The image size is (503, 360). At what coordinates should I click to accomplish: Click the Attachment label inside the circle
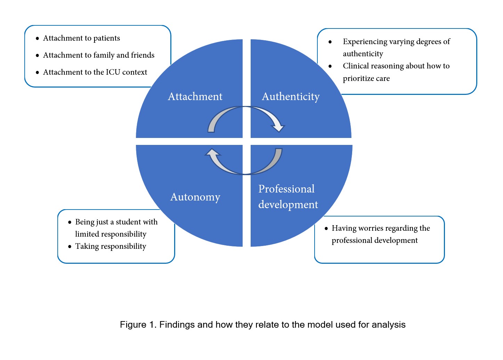[195, 97]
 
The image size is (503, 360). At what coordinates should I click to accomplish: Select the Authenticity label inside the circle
[291, 97]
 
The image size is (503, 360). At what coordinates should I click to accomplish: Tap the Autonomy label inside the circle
[195, 197]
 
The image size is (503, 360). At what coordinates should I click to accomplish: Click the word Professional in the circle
[286, 189]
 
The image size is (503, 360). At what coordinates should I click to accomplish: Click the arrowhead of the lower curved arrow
[212, 153]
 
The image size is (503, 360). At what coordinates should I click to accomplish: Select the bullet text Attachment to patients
[81, 38]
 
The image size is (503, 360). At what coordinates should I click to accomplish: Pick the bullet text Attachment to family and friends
[99, 55]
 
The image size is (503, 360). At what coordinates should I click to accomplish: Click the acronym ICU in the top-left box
[113, 72]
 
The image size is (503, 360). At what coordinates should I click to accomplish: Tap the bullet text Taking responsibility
[111, 246]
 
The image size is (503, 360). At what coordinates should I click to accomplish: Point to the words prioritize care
[366, 79]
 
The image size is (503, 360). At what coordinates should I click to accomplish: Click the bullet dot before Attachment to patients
[38, 39]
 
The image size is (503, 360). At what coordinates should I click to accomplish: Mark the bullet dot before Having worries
[326, 229]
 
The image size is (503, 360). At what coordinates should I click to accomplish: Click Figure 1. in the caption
[138, 325]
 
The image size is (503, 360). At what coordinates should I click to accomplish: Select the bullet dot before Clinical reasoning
[330, 66]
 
